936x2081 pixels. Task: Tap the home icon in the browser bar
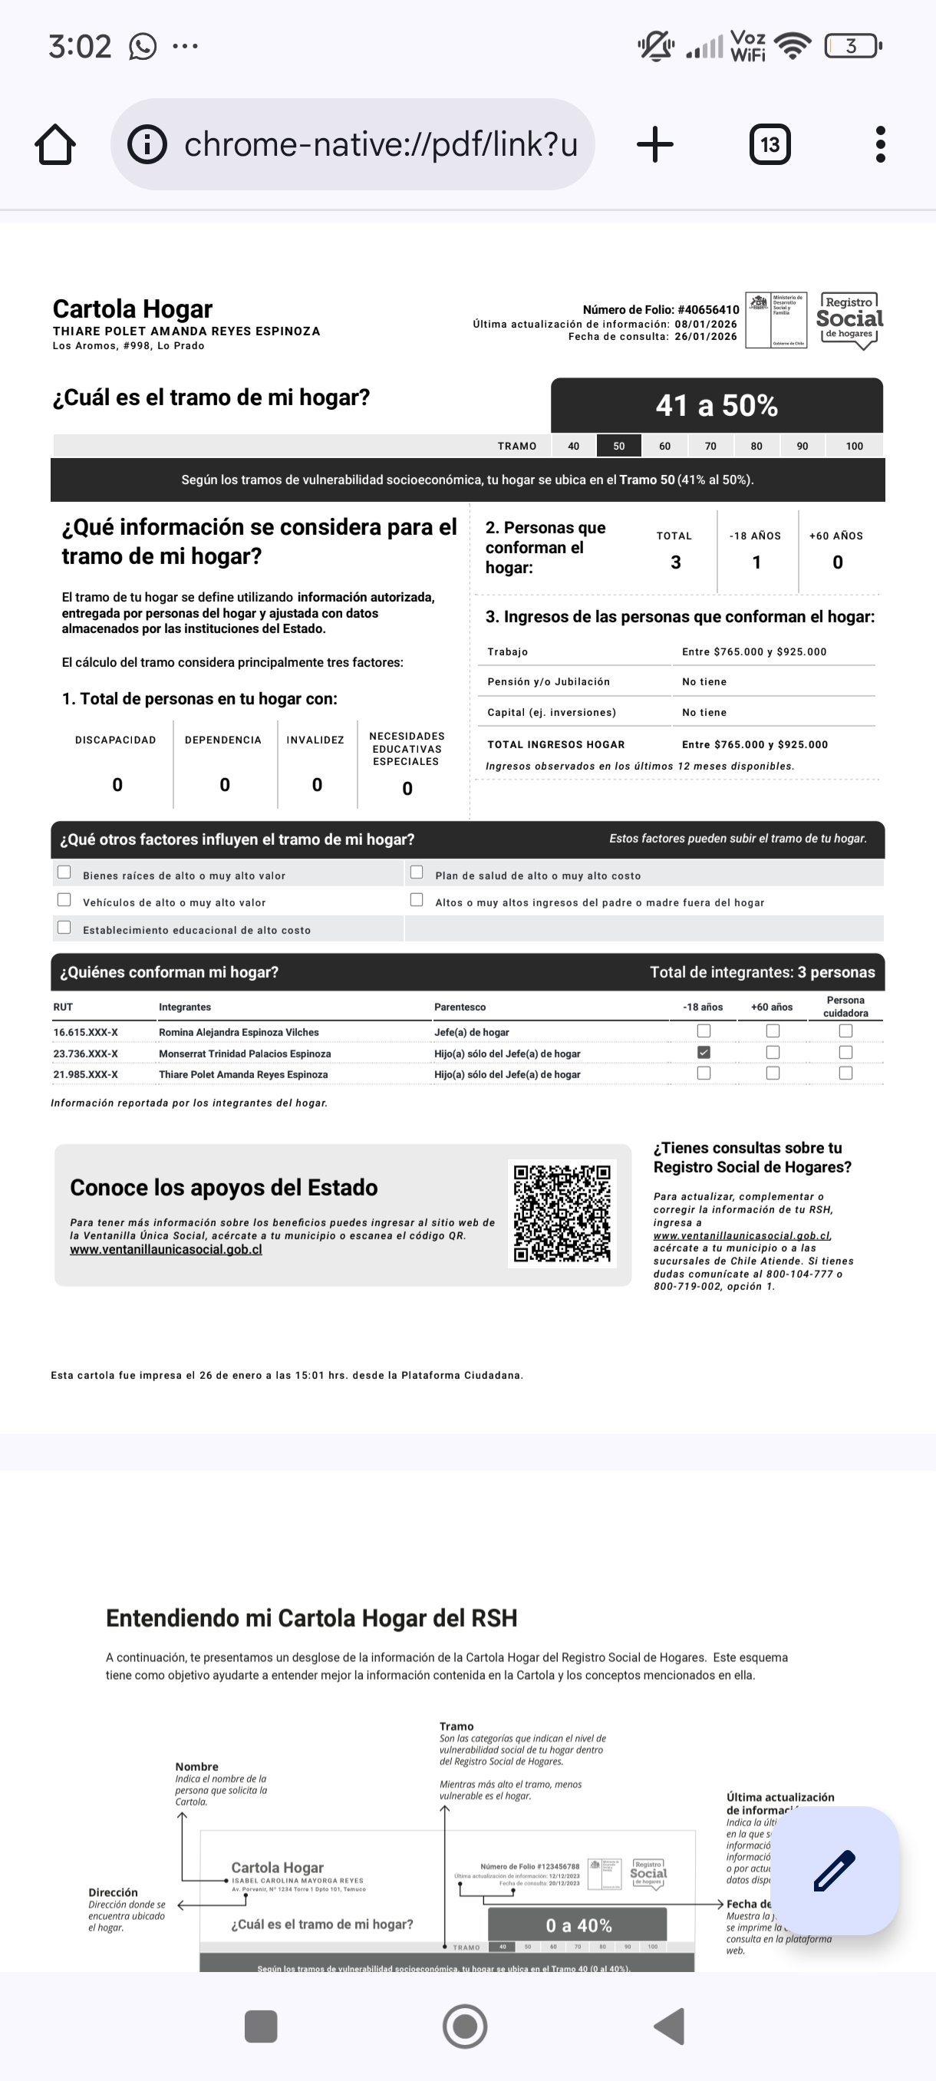tap(55, 144)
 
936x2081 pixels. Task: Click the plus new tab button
tap(655, 144)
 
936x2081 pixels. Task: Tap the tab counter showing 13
tap(770, 144)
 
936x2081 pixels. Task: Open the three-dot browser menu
tap(880, 144)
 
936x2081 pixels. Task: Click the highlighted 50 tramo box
tap(618, 446)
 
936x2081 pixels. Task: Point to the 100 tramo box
tap(854, 446)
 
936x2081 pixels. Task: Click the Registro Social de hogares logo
tap(849, 321)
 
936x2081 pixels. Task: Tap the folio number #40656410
tap(708, 309)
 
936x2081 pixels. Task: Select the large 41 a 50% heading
tap(717, 406)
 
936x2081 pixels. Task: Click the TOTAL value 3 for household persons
tap(676, 562)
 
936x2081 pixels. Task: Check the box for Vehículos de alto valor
tap(64, 900)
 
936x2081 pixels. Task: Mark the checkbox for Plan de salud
tap(417, 872)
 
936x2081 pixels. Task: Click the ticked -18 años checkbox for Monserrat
tap(704, 1053)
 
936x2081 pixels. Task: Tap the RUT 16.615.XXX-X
tap(86, 1032)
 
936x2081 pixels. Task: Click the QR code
tap(562, 1213)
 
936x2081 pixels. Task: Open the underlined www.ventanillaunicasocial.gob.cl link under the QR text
tap(166, 1250)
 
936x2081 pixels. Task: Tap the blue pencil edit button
tap(834, 1870)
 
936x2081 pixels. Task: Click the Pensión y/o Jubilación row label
tap(549, 682)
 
